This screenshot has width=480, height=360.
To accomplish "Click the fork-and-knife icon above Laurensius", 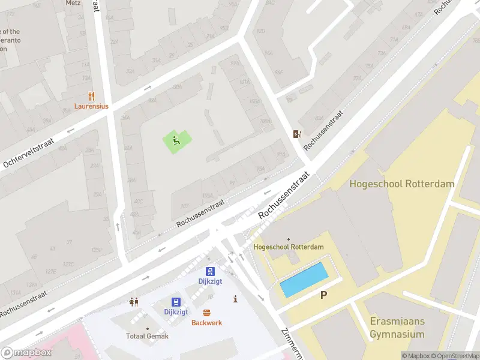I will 91,95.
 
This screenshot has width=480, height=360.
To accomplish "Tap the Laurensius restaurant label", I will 91,106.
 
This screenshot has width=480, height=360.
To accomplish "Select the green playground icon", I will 176,141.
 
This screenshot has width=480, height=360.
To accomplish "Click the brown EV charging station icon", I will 296,134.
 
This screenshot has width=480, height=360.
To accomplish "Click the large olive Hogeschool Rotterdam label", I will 402,184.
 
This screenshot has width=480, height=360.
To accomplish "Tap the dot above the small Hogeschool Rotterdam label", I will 289,239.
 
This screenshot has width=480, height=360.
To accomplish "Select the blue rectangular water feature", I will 304,280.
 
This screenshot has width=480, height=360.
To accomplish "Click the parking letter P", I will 324,295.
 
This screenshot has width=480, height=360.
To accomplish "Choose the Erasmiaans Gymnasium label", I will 397,328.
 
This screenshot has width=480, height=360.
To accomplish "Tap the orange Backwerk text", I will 206,323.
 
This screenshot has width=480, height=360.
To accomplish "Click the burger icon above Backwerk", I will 206,313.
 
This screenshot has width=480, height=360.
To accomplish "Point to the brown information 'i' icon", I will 235,299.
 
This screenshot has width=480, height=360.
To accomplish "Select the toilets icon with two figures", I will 134,302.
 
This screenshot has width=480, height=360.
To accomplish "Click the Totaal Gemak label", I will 147,337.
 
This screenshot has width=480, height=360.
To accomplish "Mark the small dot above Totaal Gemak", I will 147,328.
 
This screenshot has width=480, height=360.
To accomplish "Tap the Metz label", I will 72,3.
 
